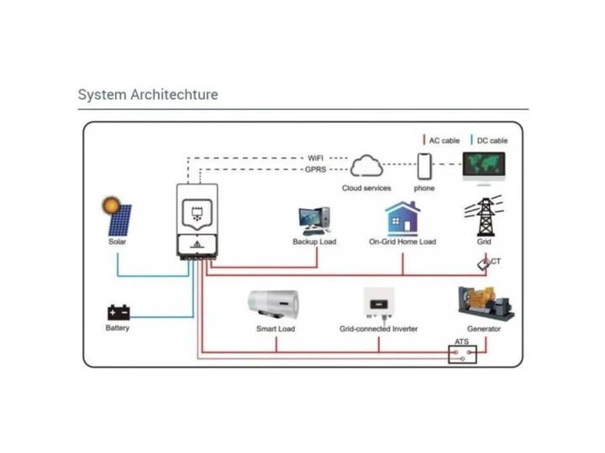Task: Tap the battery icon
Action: (x=118, y=312)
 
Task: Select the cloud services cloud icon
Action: (x=366, y=165)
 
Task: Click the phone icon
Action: (x=424, y=166)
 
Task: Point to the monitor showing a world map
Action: (x=484, y=169)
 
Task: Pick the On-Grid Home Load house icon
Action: (x=402, y=218)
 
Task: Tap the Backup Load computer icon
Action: (x=314, y=221)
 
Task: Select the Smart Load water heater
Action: (x=274, y=305)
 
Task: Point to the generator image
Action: (x=486, y=304)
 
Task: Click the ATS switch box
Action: (x=462, y=354)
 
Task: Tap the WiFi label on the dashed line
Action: (x=316, y=159)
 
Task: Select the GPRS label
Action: (x=316, y=169)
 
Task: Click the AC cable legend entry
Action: (x=441, y=141)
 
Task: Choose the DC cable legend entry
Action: (x=489, y=141)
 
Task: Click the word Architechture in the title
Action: (x=175, y=95)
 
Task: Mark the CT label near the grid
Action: (x=496, y=262)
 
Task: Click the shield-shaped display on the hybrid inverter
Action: (x=197, y=214)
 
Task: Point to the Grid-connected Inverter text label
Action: (x=378, y=329)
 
